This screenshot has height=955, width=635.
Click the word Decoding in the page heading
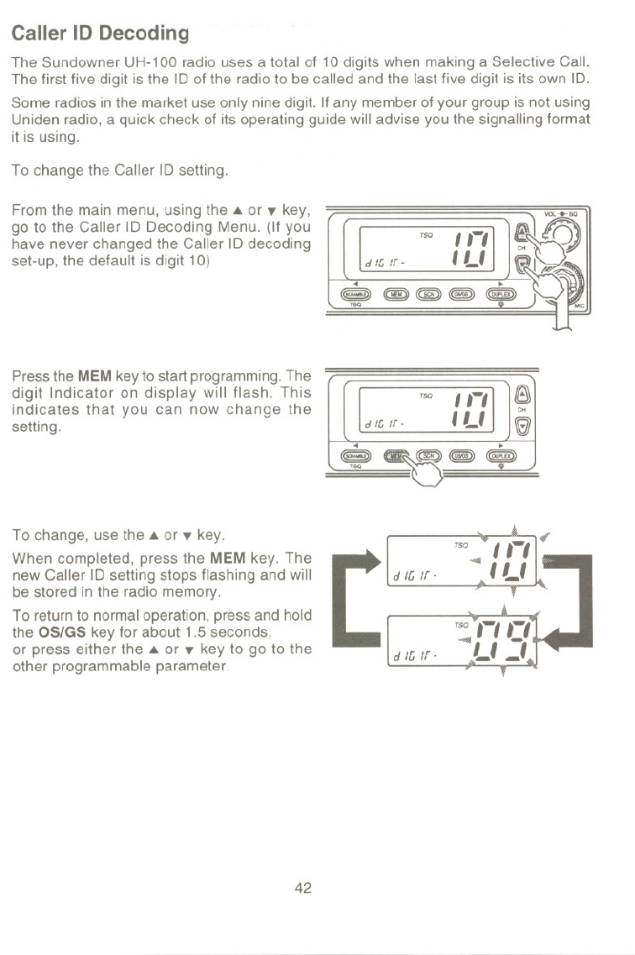click(x=144, y=34)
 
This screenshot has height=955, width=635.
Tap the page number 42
click(x=303, y=888)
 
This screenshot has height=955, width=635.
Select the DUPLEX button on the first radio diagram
click(x=502, y=294)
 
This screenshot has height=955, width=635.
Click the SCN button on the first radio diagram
click(x=429, y=294)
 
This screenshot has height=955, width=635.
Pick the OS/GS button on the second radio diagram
click(x=464, y=454)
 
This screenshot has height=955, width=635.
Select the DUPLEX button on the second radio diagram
click(x=502, y=454)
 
